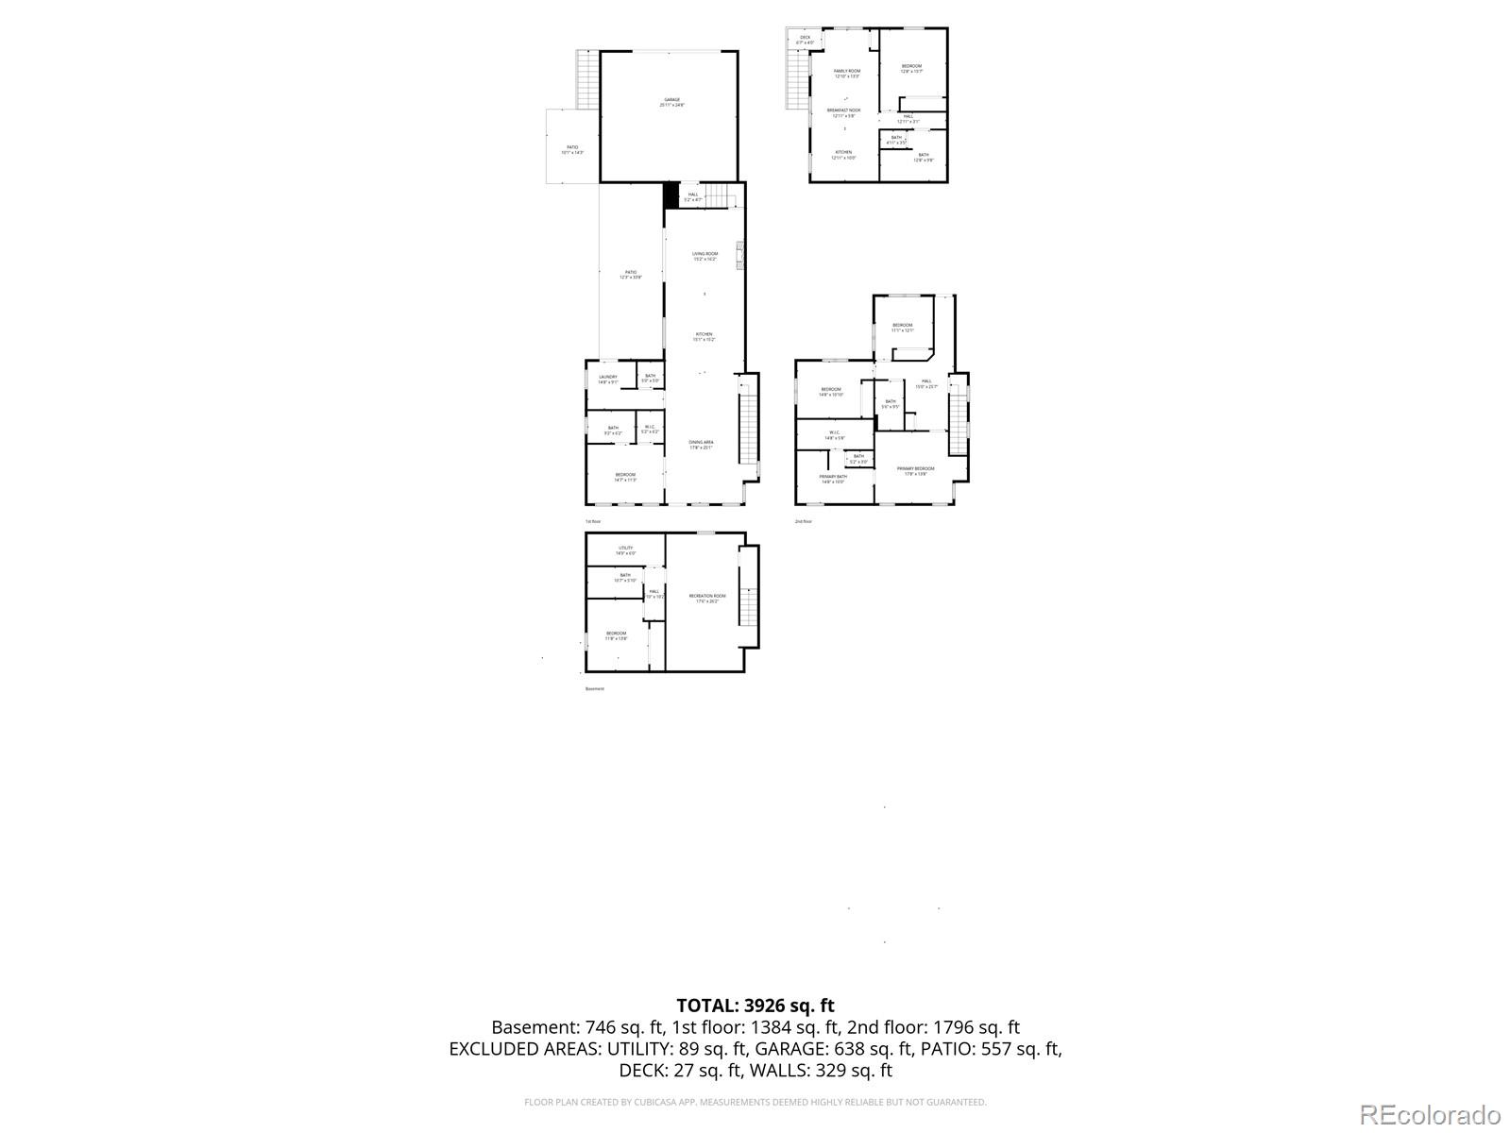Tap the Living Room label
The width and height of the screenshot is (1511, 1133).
coord(705,255)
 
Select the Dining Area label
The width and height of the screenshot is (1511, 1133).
coord(701,444)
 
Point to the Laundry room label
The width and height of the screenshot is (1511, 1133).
coord(607,379)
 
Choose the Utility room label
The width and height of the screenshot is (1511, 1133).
coord(625,550)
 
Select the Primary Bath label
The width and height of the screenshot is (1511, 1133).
coord(832,478)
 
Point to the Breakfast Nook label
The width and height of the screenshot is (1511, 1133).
coord(843,111)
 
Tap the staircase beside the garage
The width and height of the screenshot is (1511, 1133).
coord(587,79)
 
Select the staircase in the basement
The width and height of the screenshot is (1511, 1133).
coord(748,604)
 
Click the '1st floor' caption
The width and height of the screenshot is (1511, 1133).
coord(592,521)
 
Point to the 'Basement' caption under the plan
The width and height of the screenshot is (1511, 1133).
coord(594,689)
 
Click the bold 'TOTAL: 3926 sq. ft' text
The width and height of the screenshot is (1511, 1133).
coord(755,1006)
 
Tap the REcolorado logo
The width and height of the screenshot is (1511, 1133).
coord(1430,1114)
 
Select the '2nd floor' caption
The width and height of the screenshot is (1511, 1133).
coord(803,521)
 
